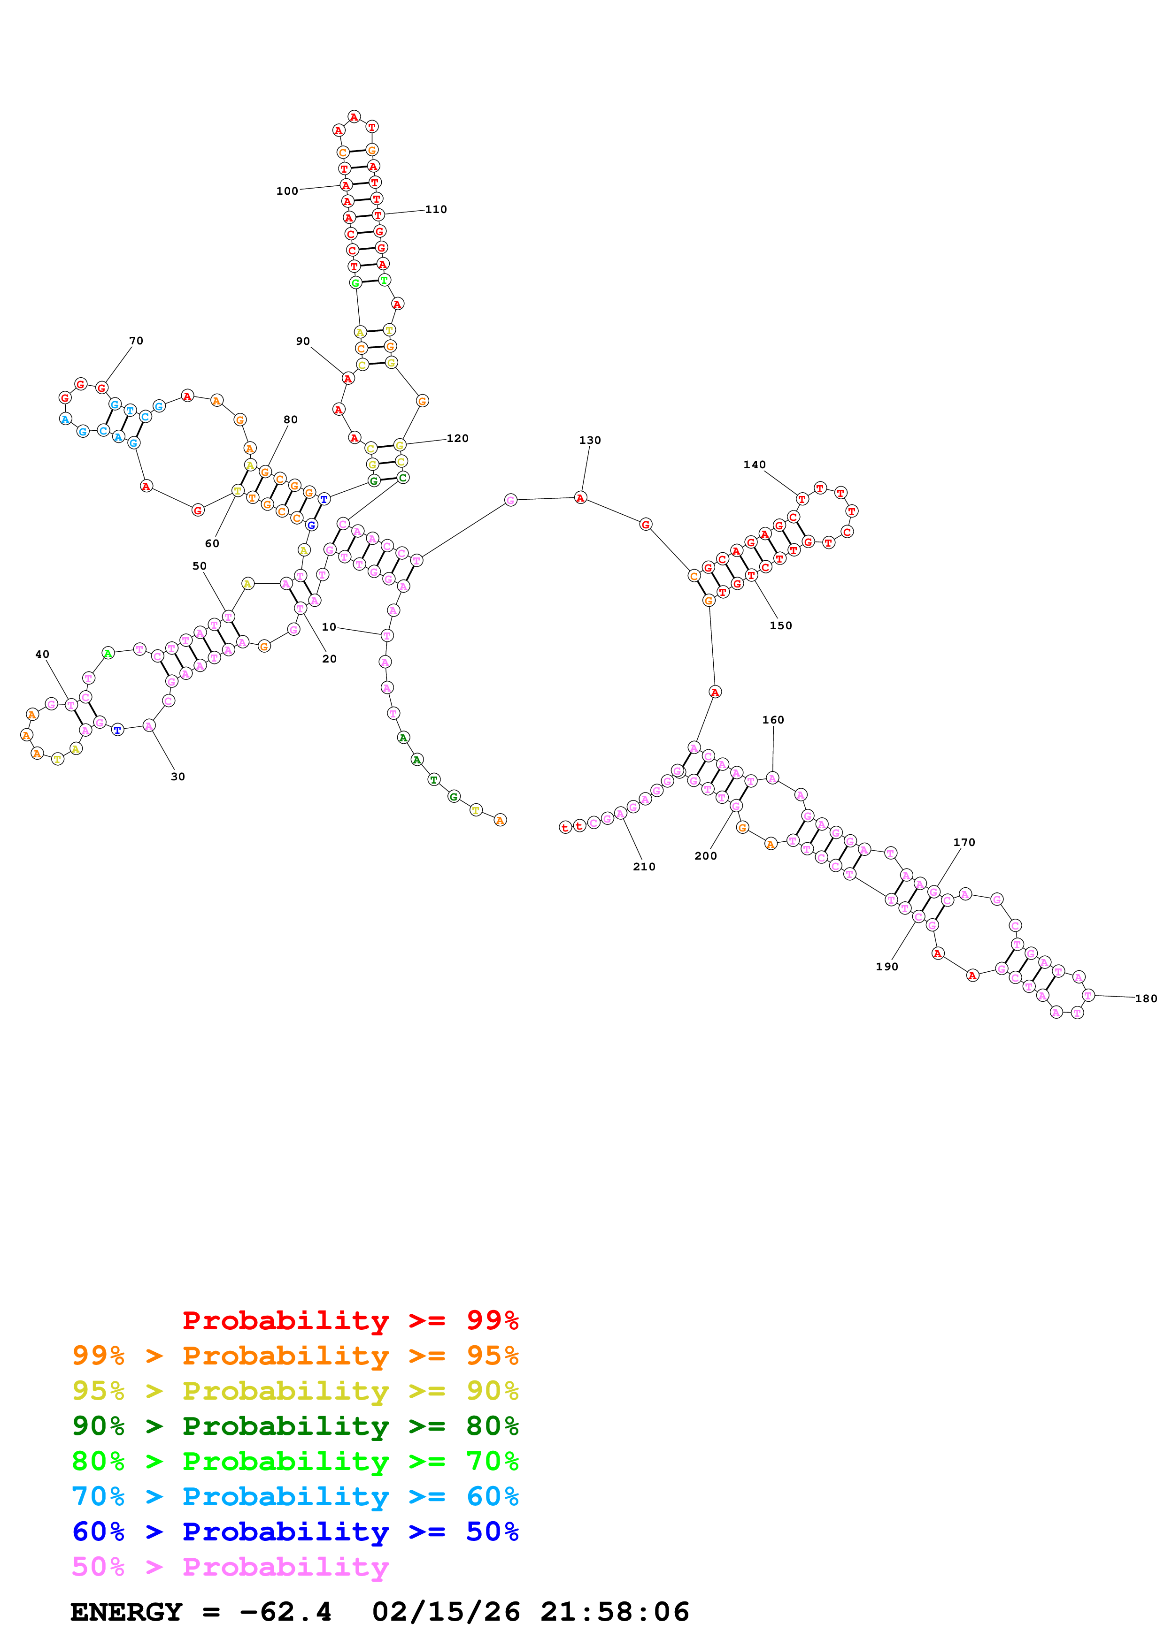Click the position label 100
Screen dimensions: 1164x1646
pos(287,191)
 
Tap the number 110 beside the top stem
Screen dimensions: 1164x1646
pos(436,209)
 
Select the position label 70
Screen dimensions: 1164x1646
pos(136,341)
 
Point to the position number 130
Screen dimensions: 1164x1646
pos(590,440)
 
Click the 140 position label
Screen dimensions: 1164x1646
pos(755,465)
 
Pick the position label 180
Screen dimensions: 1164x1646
pos(1145,998)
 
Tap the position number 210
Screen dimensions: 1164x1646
pos(644,867)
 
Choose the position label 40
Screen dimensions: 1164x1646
pos(42,655)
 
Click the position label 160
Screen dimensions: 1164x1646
pos(773,720)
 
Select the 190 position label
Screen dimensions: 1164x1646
pos(887,967)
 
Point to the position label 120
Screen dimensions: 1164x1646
pos(457,438)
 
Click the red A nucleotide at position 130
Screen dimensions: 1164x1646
pos(580,497)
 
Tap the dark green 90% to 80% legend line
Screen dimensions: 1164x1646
pos(295,1426)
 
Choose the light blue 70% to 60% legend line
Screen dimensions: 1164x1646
pos(295,1496)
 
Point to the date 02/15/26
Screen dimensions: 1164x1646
pos(446,1612)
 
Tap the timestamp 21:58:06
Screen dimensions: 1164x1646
pos(615,1612)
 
